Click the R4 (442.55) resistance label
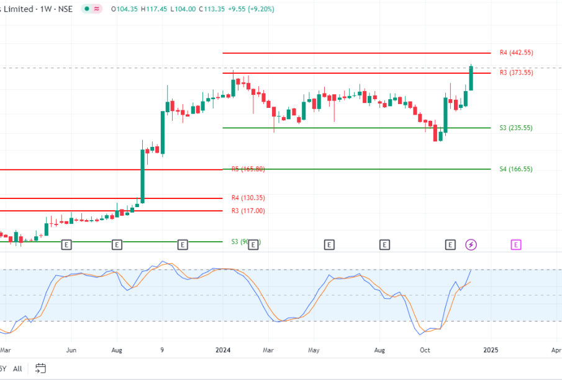(x=516, y=53)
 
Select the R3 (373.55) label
(x=516, y=73)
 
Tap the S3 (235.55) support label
(x=515, y=128)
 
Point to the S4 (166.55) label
(x=515, y=169)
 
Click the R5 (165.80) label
(x=248, y=169)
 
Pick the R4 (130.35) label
(x=248, y=198)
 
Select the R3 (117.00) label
(x=248, y=211)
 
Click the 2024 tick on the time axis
(x=223, y=350)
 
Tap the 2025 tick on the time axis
(x=491, y=350)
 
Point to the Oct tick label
(x=425, y=350)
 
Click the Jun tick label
(x=71, y=350)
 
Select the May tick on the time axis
(x=314, y=350)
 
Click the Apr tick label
(x=556, y=350)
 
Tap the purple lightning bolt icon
(x=471, y=245)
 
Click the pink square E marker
(x=516, y=245)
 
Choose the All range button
(x=17, y=369)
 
